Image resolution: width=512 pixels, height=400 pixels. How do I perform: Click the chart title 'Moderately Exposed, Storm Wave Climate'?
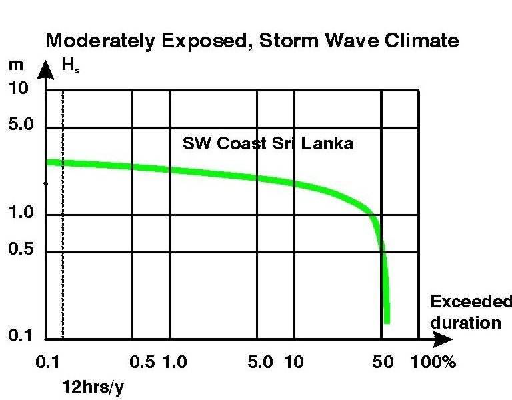(251, 41)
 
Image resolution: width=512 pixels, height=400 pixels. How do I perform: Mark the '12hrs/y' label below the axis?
(93, 387)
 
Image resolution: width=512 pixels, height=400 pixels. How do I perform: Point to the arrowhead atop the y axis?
(45, 67)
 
